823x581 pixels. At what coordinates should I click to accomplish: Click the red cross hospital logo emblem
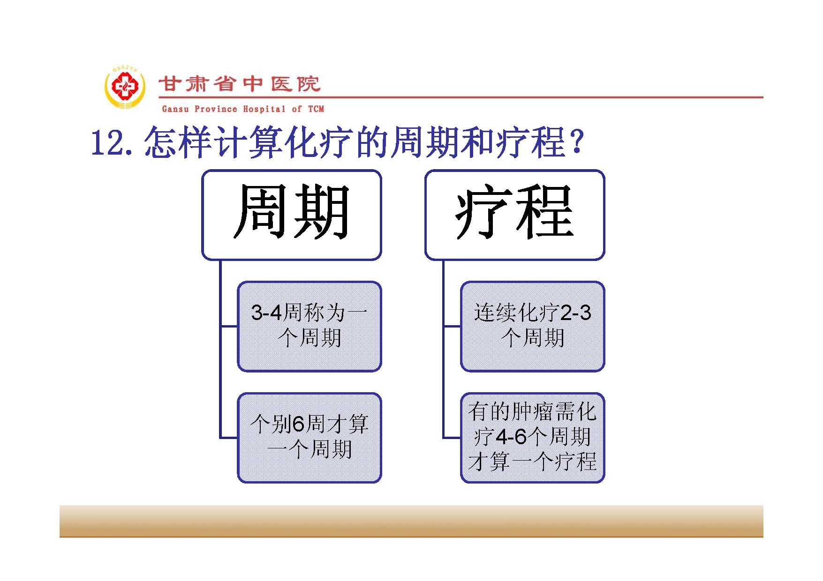point(124,88)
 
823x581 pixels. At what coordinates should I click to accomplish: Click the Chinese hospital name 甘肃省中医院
point(239,84)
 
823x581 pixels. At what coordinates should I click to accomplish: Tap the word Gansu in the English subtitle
point(175,109)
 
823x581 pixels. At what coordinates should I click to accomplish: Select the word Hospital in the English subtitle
point(264,109)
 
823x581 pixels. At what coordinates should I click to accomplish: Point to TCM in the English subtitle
point(316,109)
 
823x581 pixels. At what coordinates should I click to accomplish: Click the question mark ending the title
point(577,142)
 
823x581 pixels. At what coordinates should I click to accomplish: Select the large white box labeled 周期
point(292,215)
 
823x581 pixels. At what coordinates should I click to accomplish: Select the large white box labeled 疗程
point(515,215)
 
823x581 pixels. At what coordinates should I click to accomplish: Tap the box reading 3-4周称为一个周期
point(310,327)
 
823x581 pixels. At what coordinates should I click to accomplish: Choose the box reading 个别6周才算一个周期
point(310,438)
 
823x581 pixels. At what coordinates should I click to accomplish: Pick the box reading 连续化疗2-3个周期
point(533,327)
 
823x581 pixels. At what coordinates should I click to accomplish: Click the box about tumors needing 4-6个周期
point(533,438)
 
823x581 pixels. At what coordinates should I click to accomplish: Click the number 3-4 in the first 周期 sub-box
point(267,313)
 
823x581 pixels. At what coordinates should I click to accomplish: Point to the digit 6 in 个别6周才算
point(299,425)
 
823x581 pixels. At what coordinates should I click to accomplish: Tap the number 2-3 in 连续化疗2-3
point(576,313)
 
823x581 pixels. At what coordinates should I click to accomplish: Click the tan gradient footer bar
point(411,521)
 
